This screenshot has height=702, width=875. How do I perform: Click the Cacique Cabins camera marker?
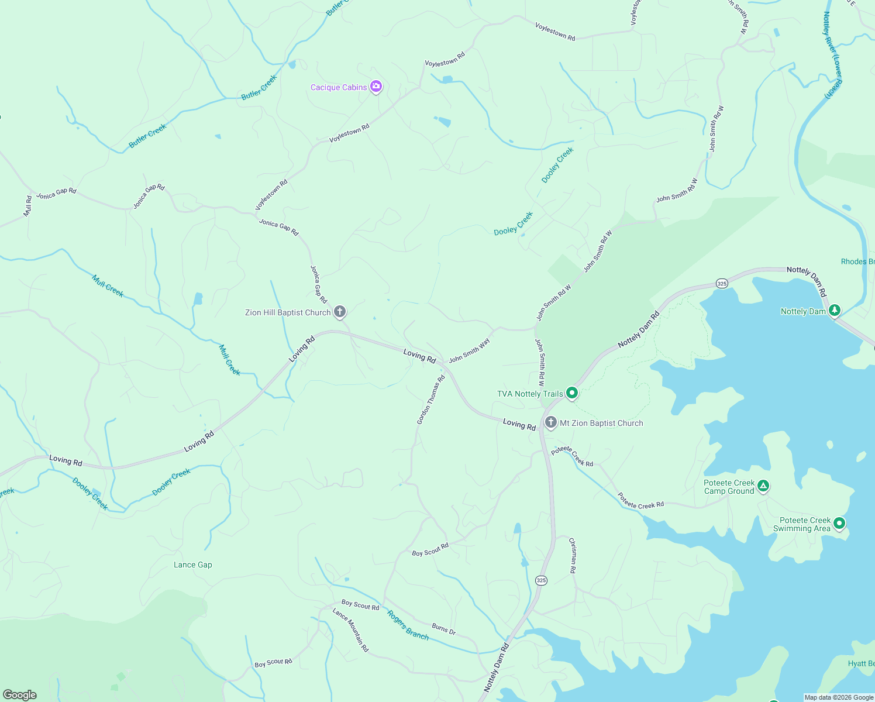point(376,87)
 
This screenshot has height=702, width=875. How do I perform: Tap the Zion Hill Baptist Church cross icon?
point(340,311)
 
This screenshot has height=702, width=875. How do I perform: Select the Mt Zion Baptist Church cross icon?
point(550,422)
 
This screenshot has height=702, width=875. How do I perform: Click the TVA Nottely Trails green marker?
point(572,393)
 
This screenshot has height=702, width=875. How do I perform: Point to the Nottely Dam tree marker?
point(835,310)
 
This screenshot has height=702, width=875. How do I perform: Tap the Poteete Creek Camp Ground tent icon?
point(763,486)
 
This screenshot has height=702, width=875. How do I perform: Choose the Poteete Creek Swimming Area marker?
point(839,523)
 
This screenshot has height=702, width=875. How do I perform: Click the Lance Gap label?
point(193,565)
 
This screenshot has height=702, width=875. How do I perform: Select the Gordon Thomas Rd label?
point(431,400)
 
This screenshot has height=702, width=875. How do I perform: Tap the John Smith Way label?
point(469,350)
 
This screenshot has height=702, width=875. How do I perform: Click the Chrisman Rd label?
point(573,555)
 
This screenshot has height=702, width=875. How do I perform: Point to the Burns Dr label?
point(443,629)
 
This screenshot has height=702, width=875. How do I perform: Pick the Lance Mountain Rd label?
point(350,630)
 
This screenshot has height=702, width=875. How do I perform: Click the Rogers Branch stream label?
point(408,626)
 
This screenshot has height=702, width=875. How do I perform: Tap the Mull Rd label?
point(27,206)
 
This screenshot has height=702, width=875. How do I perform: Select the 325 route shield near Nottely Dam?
point(722,283)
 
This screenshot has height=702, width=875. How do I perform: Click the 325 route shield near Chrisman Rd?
point(540,580)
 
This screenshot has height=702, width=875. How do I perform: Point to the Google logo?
point(20,695)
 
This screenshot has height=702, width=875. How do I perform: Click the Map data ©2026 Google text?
point(839,697)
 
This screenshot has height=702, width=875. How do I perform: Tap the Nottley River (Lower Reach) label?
point(833,55)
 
